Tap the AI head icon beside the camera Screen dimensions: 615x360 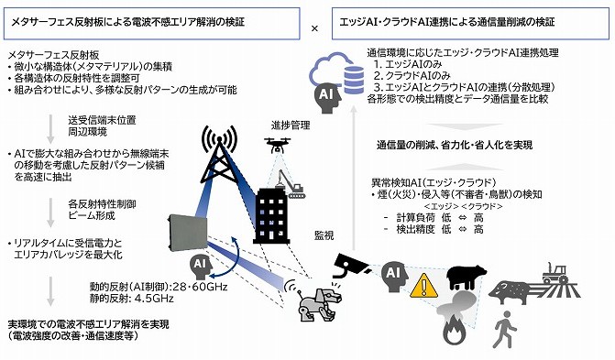(x=391, y=275)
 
